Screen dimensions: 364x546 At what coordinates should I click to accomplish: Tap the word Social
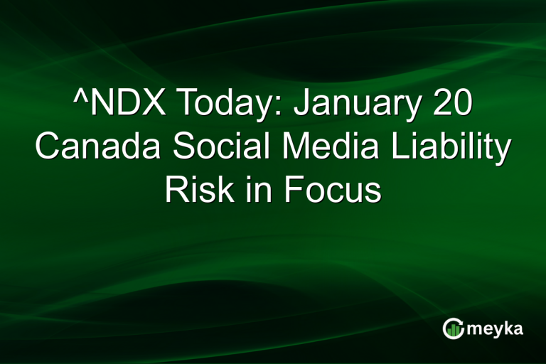(x=207, y=149)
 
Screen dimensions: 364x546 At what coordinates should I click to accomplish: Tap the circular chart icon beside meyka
(x=453, y=328)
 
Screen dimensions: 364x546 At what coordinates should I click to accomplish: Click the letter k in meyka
(x=508, y=328)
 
